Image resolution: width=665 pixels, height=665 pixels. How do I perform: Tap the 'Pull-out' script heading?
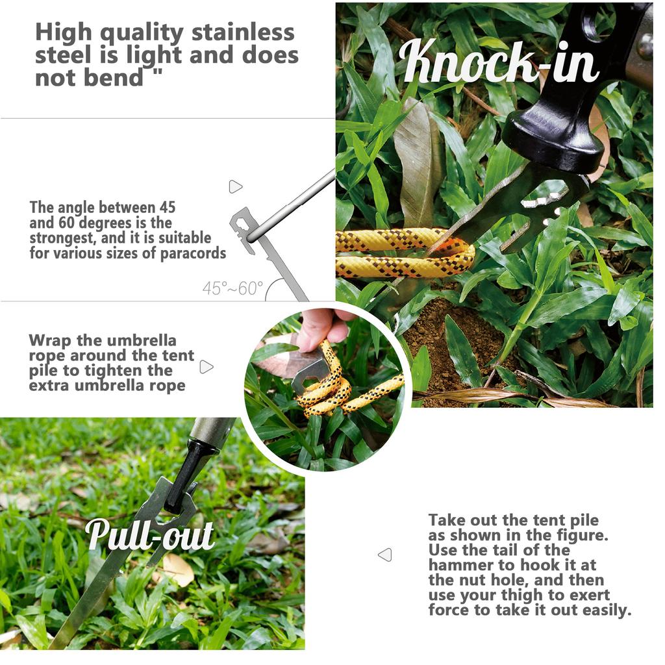click(x=150, y=534)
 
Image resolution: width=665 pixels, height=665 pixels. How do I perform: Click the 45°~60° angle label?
click(x=232, y=288)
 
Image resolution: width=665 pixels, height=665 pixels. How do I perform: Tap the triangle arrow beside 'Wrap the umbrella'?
click(x=207, y=367)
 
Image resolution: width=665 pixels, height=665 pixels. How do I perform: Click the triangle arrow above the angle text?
click(x=235, y=187)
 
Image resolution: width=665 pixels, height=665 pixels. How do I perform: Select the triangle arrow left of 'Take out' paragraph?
click(x=385, y=555)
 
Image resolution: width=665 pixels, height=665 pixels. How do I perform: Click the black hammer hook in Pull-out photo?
click(x=185, y=474)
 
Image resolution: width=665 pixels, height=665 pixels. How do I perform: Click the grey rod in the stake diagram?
click(x=292, y=201)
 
